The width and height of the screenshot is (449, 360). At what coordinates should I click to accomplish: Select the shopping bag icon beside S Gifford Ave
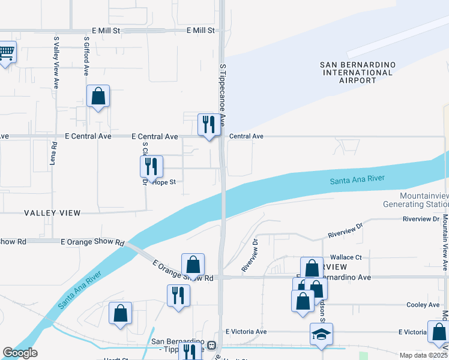[98, 96]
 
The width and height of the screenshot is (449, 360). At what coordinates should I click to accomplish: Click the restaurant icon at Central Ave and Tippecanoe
[209, 124]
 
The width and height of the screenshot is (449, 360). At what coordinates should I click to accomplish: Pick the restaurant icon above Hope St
[151, 166]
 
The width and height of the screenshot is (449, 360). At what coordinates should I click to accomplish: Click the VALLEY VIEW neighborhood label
[52, 213]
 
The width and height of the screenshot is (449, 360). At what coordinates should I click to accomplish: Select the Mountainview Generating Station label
[417, 200]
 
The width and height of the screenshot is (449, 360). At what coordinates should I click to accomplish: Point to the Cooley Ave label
[423, 305]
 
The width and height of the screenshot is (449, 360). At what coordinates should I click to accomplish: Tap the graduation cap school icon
[321, 334]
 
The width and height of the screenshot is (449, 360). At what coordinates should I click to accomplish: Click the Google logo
[20, 353]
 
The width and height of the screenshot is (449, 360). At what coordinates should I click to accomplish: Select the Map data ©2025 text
[423, 355]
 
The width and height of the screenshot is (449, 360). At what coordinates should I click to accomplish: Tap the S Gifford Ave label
[87, 56]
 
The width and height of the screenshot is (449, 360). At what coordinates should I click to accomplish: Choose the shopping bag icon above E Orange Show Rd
[193, 264]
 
